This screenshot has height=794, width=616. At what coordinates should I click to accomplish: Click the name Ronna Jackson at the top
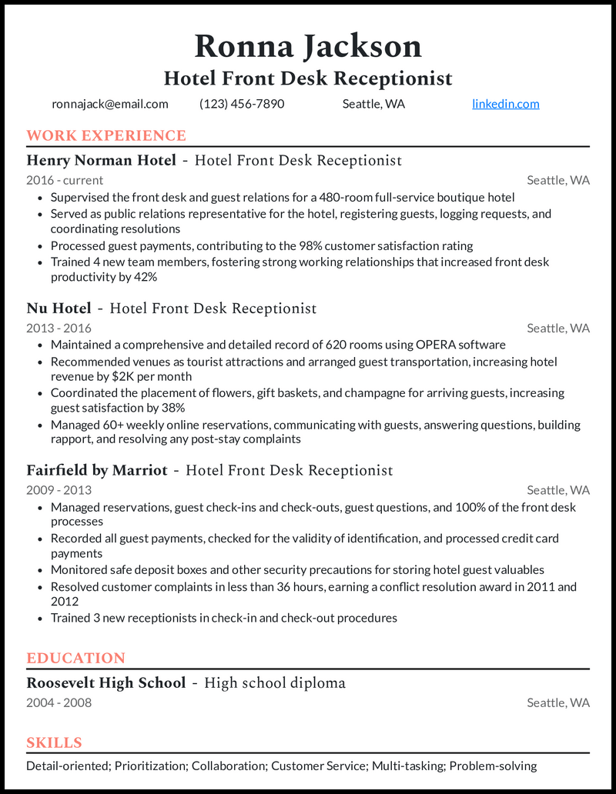(x=308, y=46)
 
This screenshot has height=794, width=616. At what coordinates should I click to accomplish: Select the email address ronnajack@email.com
(x=110, y=104)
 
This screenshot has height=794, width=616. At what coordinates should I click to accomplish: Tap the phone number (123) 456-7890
(x=242, y=104)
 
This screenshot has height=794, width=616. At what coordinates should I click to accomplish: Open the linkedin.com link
(x=505, y=104)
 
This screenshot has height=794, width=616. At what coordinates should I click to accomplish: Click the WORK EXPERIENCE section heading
(x=106, y=136)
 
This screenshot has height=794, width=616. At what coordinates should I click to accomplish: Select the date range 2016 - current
(x=65, y=180)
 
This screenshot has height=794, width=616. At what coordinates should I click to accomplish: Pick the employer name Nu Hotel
(x=59, y=309)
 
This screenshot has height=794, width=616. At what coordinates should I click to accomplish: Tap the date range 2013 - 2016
(x=59, y=329)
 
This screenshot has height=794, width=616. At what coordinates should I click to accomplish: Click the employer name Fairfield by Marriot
(x=97, y=470)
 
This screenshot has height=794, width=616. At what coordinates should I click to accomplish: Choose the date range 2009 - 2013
(x=59, y=490)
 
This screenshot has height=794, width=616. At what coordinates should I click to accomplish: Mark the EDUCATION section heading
(x=75, y=659)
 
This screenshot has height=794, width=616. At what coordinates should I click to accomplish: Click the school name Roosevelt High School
(x=106, y=683)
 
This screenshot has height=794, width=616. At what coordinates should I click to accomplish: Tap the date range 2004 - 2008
(x=59, y=702)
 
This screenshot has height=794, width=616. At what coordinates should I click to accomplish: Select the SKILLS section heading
(x=54, y=743)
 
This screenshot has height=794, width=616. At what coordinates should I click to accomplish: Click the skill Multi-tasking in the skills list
(x=407, y=766)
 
